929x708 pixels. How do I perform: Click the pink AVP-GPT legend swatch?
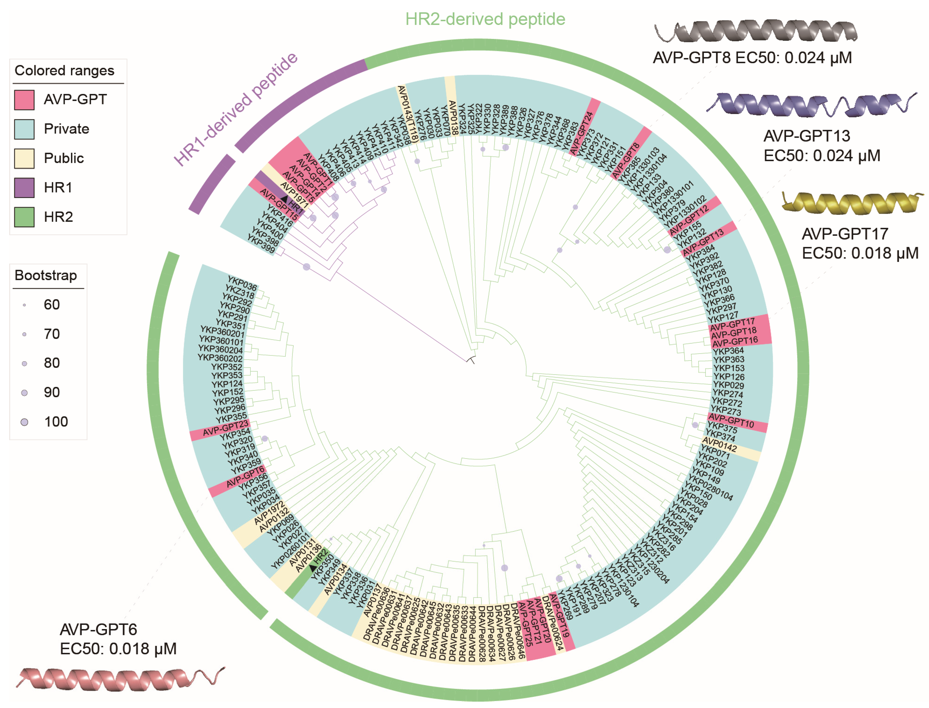pos(24,100)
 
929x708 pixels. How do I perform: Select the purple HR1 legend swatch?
pos(24,188)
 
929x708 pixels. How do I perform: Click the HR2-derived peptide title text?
pos(485,19)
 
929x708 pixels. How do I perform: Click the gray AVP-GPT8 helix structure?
pos(756,31)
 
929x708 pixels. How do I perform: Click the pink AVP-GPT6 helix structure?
pos(120,678)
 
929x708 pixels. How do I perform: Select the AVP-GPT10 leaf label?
pos(731,421)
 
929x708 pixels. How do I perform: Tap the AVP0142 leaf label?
pos(720,445)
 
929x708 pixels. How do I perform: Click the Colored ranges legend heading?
pos(64,70)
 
